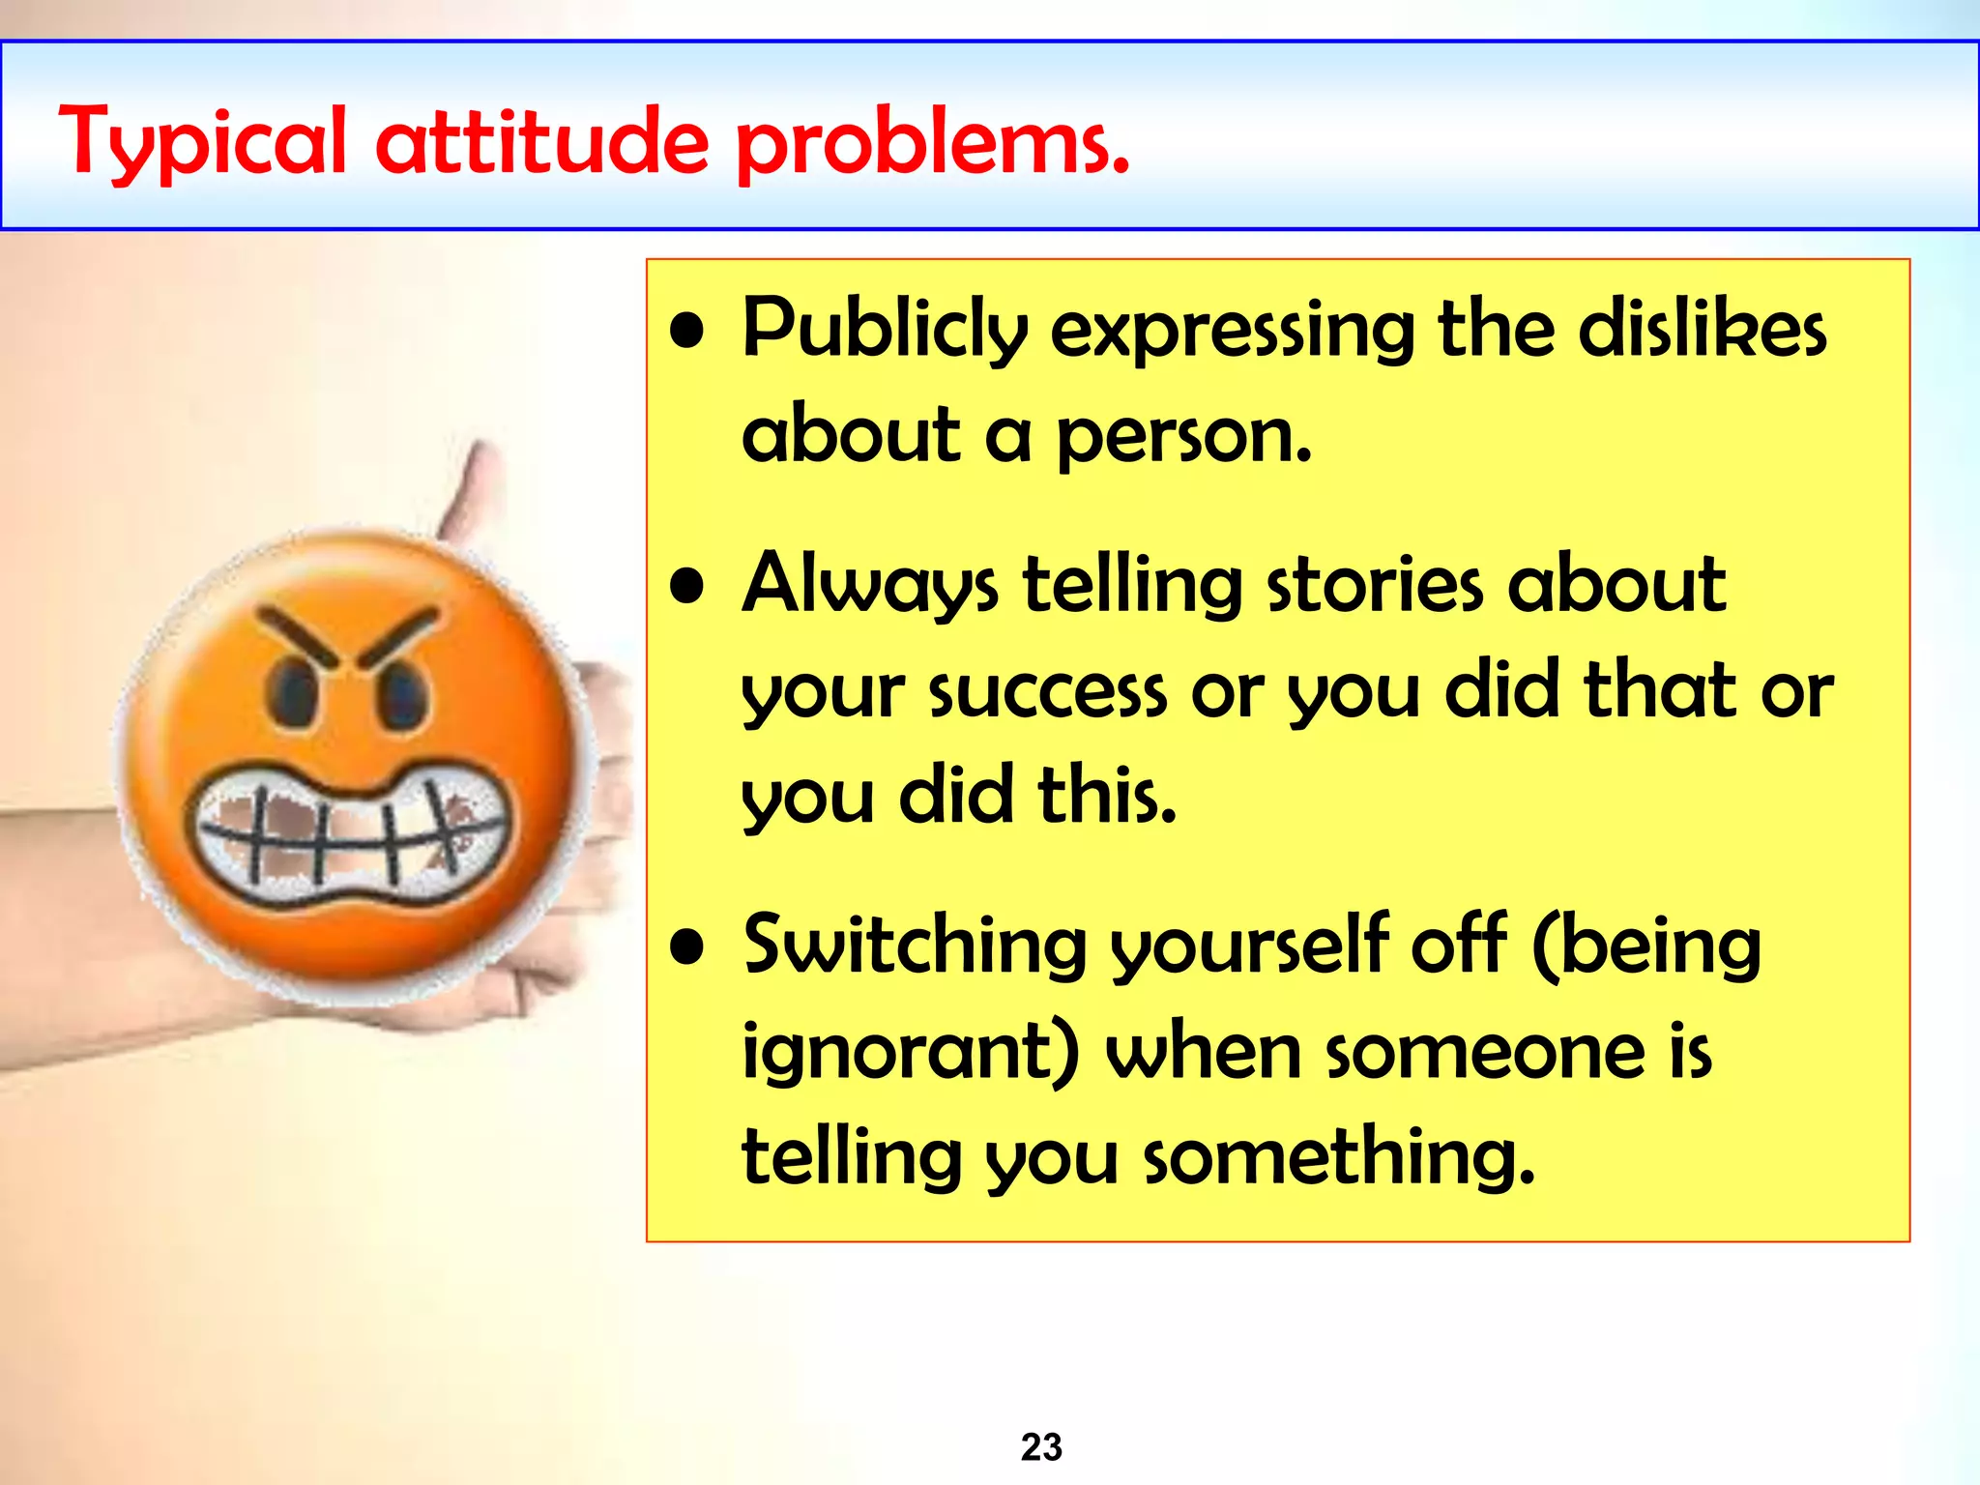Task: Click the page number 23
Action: tap(1041, 1447)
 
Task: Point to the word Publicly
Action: tap(885, 330)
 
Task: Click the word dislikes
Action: tap(1703, 330)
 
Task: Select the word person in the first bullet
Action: tap(1183, 436)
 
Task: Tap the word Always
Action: tap(869, 585)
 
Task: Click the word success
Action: tap(1048, 691)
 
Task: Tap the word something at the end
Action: tap(1339, 1157)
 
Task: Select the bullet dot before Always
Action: tap(687, 586)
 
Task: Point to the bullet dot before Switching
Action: tap(687, 946)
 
